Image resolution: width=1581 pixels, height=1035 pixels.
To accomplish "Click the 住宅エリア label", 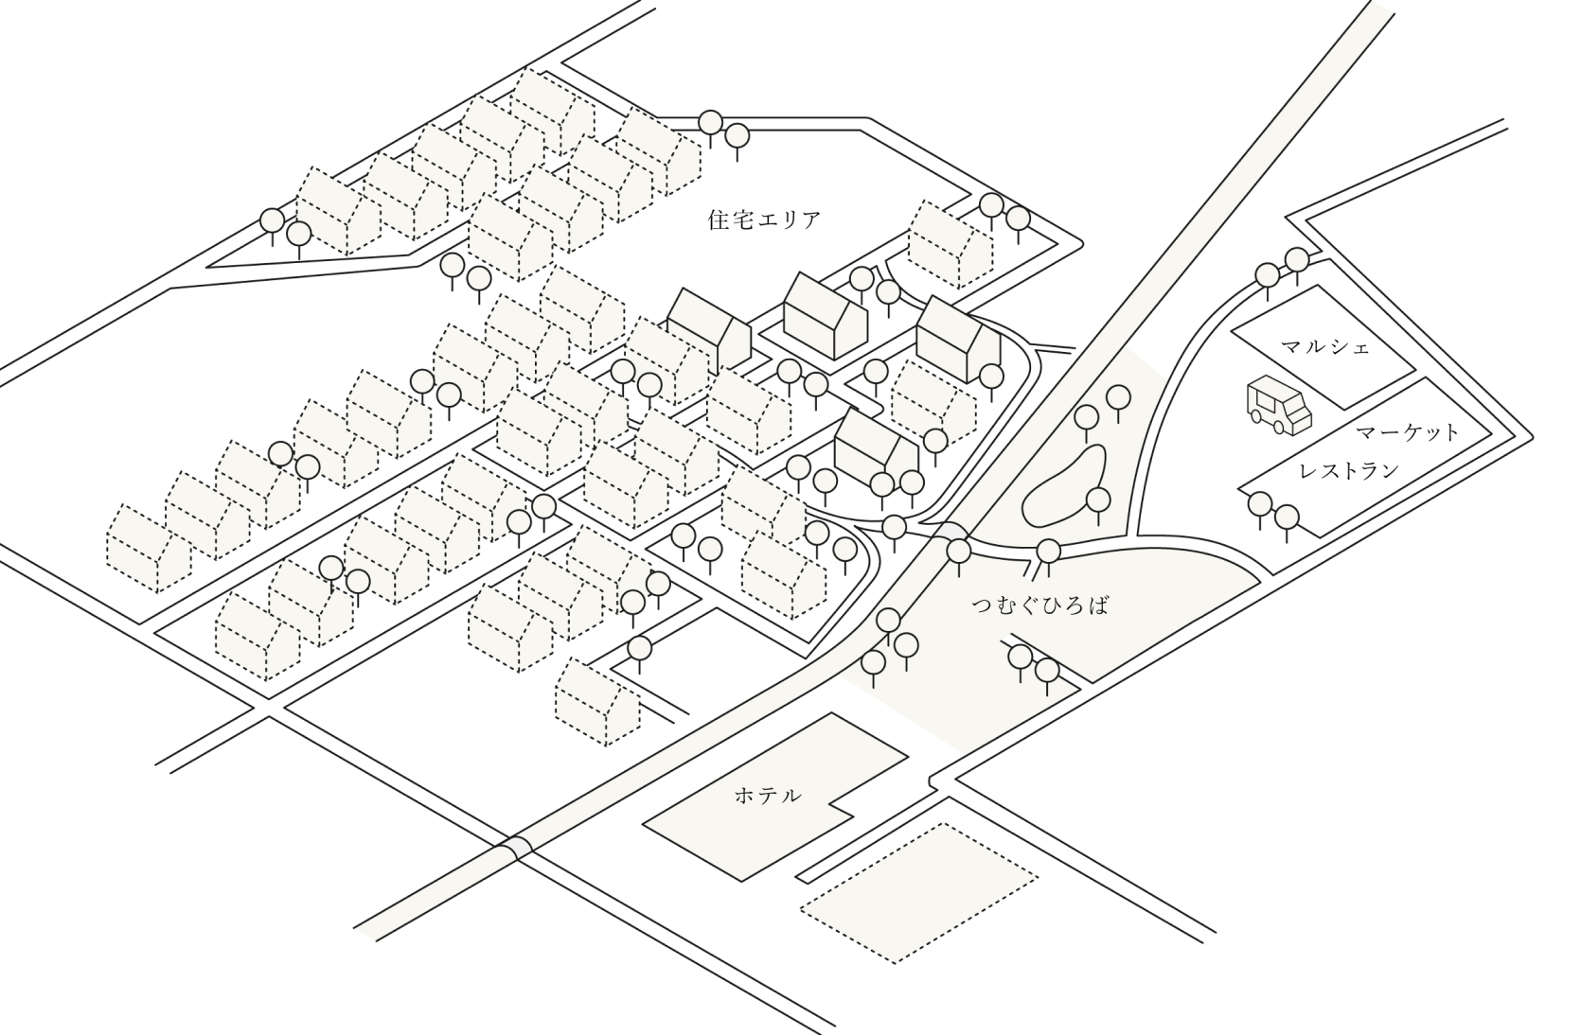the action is click(764, 220).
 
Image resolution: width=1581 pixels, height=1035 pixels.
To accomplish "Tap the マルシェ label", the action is click(1325, 347).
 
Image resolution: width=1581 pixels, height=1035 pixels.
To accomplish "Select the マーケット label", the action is click(1408, 432).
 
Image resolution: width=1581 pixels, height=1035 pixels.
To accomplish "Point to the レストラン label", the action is click(1349, 470).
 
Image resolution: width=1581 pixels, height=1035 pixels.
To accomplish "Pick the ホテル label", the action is click(768, 796).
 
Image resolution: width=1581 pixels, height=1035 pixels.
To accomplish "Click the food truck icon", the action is click(1279, 404).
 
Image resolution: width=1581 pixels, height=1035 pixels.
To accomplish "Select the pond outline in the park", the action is click(1063, 487).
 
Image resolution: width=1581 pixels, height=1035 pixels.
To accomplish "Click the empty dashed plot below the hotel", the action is click(919, 893).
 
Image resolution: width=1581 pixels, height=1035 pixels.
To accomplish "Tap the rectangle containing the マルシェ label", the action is click(1323, 347).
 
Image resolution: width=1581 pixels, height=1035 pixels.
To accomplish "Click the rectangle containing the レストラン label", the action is click(1366, 457).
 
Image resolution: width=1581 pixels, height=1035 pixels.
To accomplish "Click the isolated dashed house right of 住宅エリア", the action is click(950, 244).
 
